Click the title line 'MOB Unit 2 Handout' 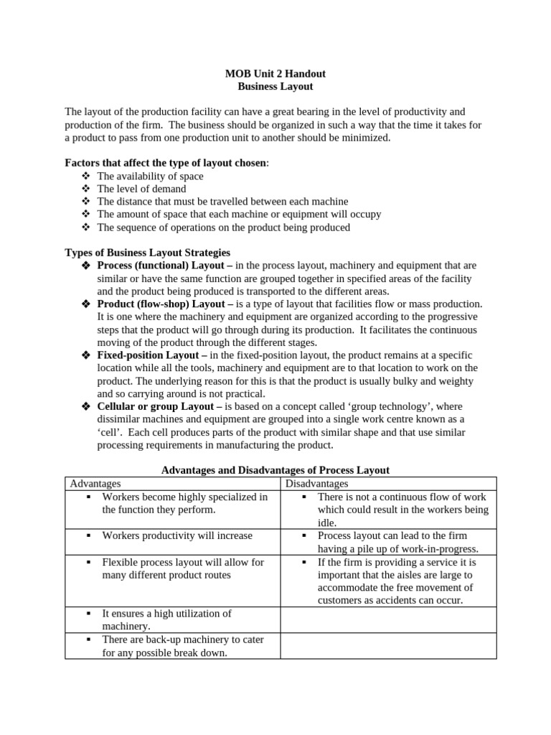[x=275, y=73]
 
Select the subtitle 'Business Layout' [x=275, y=87]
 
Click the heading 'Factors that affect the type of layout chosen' [x=165, y=163]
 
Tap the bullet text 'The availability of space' [x=150, y=176]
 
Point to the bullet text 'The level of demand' [x=141, y=189]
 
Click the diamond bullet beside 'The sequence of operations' [x=86, y=228]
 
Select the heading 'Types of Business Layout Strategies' [x=147, y=253]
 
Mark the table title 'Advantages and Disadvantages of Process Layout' [x=275, y=470]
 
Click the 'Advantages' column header [x=95, y=484]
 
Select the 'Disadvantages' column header [x=316, y=484]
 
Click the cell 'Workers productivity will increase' [x=177, y=535]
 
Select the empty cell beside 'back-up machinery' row [x=387, y=645]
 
